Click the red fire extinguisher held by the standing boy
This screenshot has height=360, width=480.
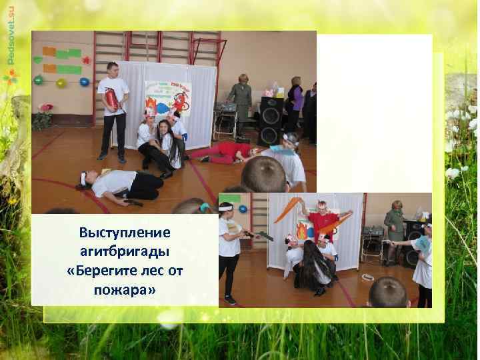tap(111, 101)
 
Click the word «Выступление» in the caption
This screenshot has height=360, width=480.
tap(125, 233)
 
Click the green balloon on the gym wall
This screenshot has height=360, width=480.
tap(39, 81)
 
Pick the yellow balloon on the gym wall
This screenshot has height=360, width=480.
tap(61, 83)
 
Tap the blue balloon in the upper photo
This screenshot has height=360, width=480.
tap(84, 82)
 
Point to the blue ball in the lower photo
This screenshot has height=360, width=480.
tap(243, 209)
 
